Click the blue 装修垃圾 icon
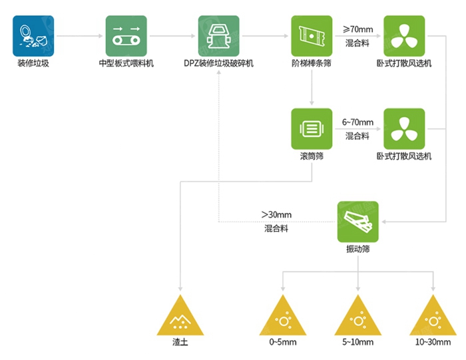pyautogui.click(x=33, y=36)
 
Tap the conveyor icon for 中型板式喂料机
pyautogui.click(x=126, y=36)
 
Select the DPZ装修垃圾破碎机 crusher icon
pyautogui.click(x=218, y=36)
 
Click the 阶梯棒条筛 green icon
pyautogui.click(x=311, y=36)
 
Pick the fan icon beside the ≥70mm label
pyautogui.click(x=403, y=36)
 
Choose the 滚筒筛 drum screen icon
pyautogui.click(x=311, y=128)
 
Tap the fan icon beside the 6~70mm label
pyautogui.click(x=403, y=128)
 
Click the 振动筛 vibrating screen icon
pyautogui.click(x=357, y=221)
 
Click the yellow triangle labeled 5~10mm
pyautogui.click(x=358, y=317)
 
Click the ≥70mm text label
pyautogui.click(x=357, y=29)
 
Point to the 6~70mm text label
pyautogui.click(x=357, y=122)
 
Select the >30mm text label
pyautogui.click(x=276, y=215)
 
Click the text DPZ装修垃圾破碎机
pyautogui.click(x=218, y=64)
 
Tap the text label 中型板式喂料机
pyautogui.click(x=126, y=64)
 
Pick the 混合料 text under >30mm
pyautogui.click(x=276, y=229)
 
